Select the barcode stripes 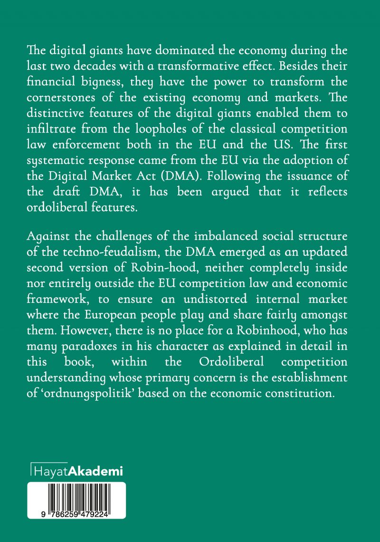tap(76, 497)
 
